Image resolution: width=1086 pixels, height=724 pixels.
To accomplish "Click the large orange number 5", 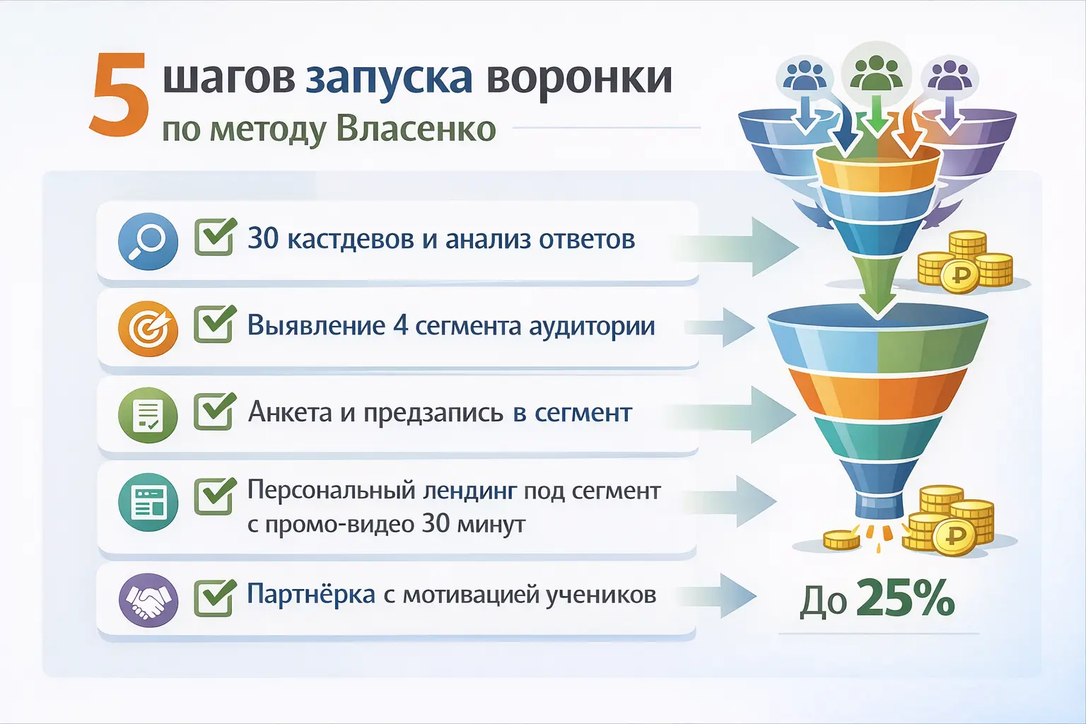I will click(x=119, y=97).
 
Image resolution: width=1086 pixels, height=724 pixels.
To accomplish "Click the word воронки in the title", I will click(x=579, y=78).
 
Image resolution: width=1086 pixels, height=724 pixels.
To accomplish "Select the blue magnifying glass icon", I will click(x=148, y=241).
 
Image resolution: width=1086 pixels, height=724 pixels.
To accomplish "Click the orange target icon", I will click(x=148, y=328).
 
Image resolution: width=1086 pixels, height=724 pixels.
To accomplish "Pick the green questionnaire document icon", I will click(x=148, y=415).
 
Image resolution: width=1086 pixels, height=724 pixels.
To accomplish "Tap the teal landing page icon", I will click(x=148, y=502).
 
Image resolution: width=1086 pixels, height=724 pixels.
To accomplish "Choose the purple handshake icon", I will click(x=148, y=600).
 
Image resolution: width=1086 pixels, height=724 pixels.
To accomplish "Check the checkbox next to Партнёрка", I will click(x=214, y=598).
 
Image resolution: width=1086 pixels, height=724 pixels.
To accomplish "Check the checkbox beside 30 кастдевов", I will click(x=214, y=238).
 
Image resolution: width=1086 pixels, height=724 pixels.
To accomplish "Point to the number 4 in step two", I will click(x=400, y=326).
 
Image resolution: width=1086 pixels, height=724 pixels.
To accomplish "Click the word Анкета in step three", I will click(x=290, y=412).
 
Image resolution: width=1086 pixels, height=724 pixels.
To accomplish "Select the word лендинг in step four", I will click(x=469, y=491).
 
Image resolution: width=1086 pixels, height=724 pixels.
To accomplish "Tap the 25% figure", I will click(x=905, y=599).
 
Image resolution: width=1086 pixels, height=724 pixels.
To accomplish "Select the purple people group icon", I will click(x=949, y=76).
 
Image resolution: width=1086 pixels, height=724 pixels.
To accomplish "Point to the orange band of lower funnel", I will click(x=877, y=391).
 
